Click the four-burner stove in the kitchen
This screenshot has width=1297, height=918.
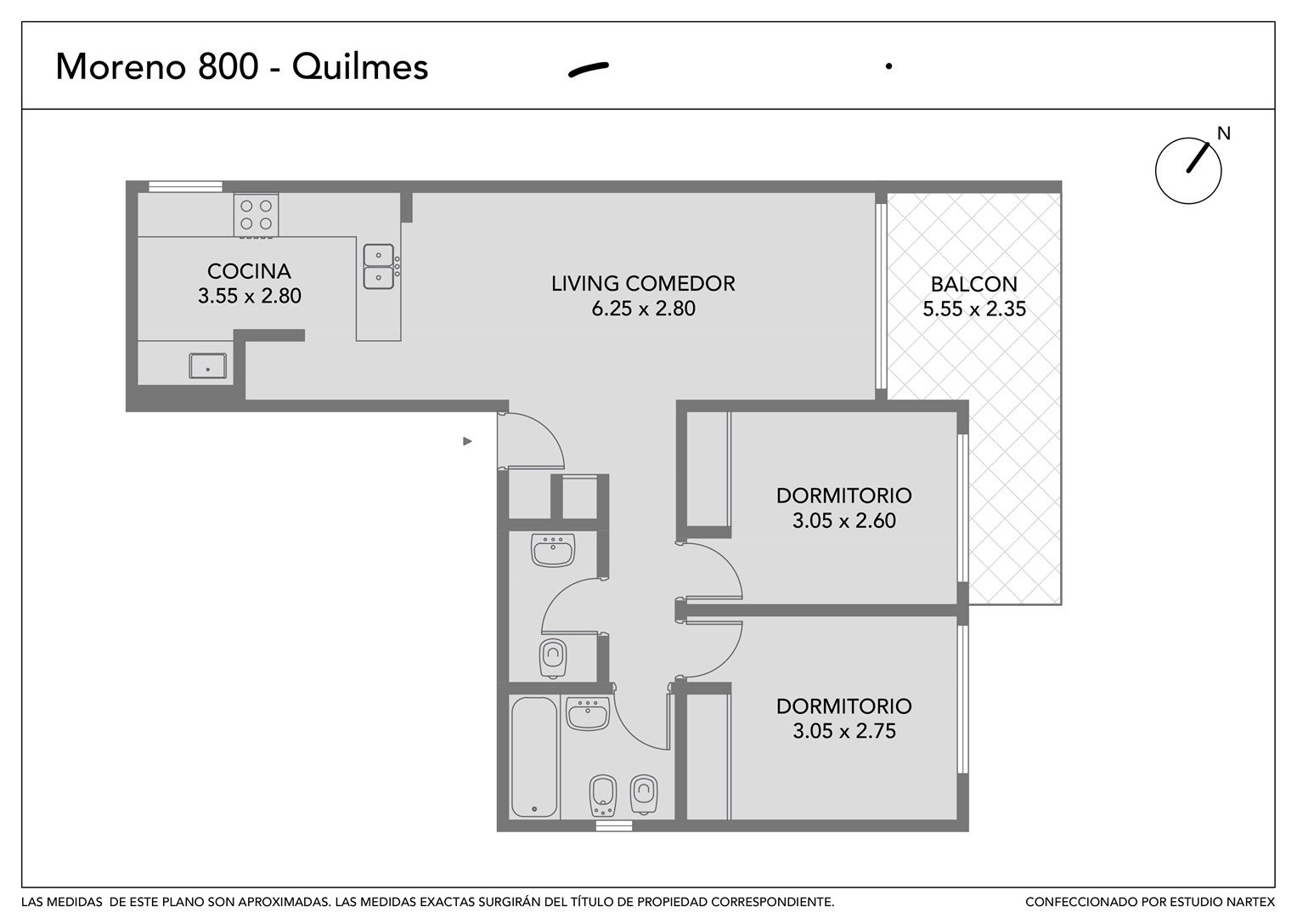pos(256,215)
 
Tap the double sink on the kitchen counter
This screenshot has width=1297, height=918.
pos(379,267)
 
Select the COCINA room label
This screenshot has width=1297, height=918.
pos(249,271)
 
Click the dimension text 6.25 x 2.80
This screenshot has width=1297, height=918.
pos(643,309)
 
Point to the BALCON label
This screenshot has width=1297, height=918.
pos(974,284)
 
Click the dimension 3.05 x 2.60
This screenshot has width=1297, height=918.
pos(844,520)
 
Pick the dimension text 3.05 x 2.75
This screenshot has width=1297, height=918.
pos(844,731)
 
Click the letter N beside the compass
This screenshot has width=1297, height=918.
pos(1223,133)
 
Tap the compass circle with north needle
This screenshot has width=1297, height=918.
pos(1188,170)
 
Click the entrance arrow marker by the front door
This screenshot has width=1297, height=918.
pos(467,442)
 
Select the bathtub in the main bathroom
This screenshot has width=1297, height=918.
pos(534,756)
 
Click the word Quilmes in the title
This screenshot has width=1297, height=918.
pos(360,66)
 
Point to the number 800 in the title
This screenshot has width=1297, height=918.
pos(228,66)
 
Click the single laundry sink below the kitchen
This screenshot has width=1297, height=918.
pos(208,365)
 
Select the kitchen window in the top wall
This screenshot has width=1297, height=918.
pos(185,187)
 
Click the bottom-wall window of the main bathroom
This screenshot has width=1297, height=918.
pos(614,826)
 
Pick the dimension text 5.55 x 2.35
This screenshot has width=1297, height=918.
pos(974,309)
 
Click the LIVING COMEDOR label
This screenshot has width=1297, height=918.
pos(643,283)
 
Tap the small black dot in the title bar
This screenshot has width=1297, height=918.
pos(888,66)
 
